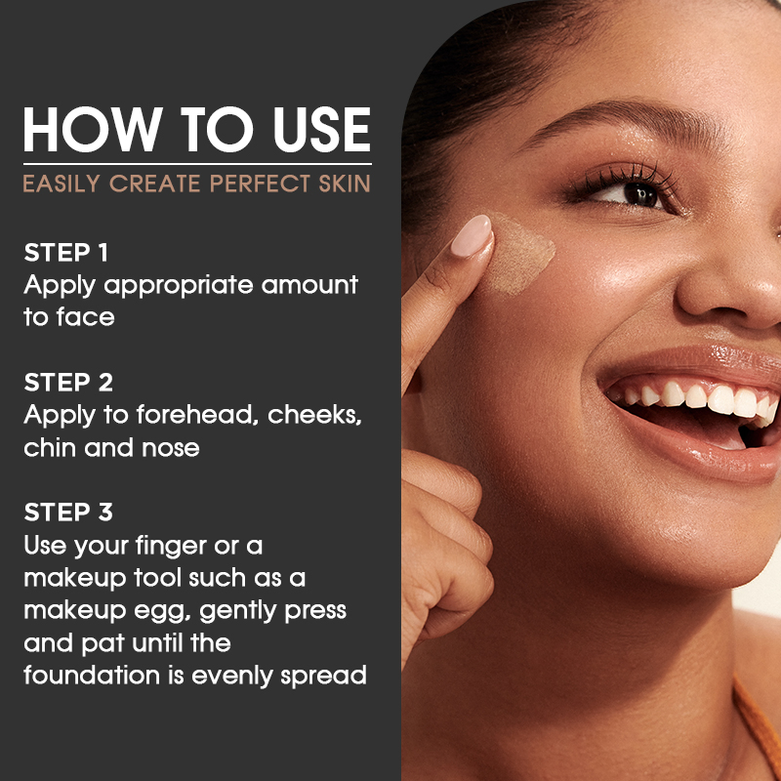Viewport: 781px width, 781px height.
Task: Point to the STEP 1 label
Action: [x=65, y=252]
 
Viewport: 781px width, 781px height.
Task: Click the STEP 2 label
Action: [x=67, y=382]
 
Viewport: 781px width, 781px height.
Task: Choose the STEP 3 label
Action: [x=67, y=512]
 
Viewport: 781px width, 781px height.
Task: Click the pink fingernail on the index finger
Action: [x=472, y=236]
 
